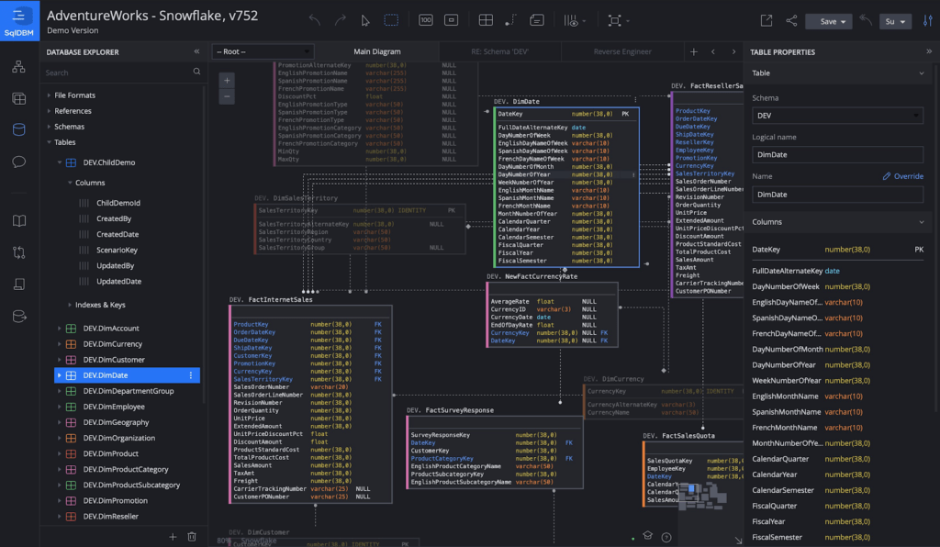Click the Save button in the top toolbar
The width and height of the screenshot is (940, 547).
(x=828, y=21)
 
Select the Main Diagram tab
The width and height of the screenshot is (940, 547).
(x=377, y=52)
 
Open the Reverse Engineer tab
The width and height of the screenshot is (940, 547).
(x=622, y=52)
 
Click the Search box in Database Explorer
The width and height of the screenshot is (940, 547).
(x=117, y=73)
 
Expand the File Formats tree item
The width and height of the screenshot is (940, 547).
(x=74, y=95)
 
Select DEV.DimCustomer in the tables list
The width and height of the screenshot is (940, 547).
(x=114, y=360)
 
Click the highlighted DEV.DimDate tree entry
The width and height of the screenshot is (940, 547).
(x=106, y=375)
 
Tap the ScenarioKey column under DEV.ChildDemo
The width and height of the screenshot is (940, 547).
(x=117, y=251)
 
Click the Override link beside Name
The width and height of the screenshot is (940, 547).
(x=903, y=176)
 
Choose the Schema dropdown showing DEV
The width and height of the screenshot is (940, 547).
(x=836, y=116)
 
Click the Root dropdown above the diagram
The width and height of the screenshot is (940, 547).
(x=263, y=52)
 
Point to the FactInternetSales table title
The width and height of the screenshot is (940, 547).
(x=279, y=299)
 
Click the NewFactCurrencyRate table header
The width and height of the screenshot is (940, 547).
(x=541, y=276)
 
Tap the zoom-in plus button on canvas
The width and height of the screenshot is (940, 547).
(x=228, y=80)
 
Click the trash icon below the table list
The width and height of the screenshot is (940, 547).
(x=192, y=536)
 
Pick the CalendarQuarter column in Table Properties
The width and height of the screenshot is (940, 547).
(x=780, y=459)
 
